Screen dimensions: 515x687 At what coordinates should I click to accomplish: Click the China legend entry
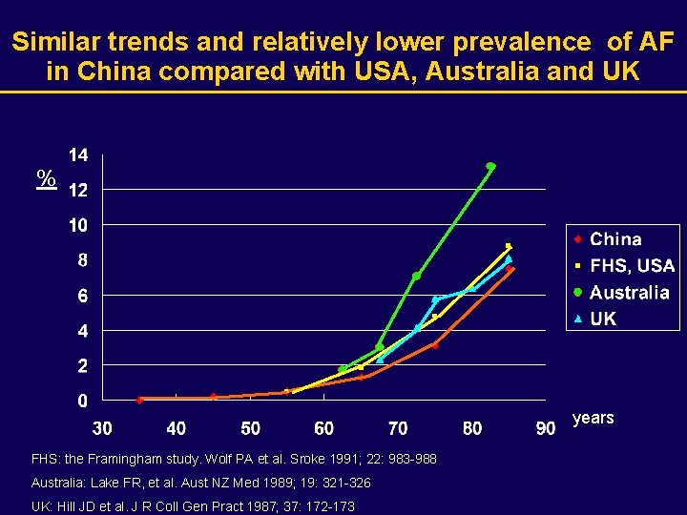pos(615,239)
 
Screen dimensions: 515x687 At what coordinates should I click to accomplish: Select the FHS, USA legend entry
pos(631,266)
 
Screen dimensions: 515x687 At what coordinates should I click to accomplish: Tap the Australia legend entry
pos(629,293)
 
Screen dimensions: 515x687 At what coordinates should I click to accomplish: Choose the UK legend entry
pos(603,319)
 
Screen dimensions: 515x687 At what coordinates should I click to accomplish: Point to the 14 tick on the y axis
pos(79,154)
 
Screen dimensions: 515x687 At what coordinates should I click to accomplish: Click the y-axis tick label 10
pos(79,225)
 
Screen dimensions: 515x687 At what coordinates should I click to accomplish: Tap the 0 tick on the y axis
pos(84,401)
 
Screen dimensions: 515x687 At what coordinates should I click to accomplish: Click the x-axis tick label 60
pos(324,428)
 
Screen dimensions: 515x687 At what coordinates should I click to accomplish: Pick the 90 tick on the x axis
pos(546,428)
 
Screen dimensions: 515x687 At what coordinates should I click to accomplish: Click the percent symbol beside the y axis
pos(45,177)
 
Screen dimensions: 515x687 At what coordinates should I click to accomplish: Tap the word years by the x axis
pos(593,419)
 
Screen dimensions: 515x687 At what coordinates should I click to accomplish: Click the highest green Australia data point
pos(490,166)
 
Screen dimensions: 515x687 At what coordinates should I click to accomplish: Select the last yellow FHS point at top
pos(509,246)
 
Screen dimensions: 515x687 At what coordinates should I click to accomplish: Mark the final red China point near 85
pos(510,270)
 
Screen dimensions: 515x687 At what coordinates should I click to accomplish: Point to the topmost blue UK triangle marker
pos(509,258)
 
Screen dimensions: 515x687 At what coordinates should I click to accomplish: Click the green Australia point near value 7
pos(416,277)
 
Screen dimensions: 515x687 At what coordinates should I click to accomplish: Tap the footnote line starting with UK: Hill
pos(193,505)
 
